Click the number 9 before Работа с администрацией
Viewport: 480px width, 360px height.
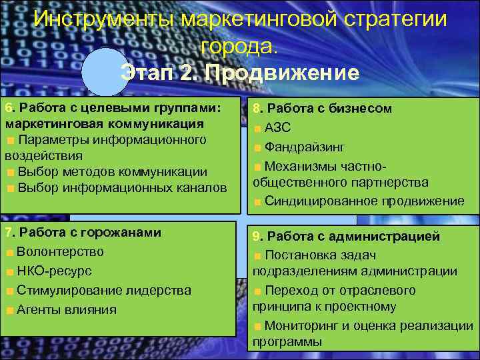[x=256, y=236]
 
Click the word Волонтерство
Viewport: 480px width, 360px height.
[x=61, y=252]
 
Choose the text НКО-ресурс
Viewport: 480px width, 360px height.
[x=55, y=271]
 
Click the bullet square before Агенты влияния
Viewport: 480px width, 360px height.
[x=9, y=310]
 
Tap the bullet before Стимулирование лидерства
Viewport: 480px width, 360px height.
[x=9, y=291]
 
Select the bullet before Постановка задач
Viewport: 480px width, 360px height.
[x=257, y=255]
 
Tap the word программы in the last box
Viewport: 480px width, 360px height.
[x=287, y=342]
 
